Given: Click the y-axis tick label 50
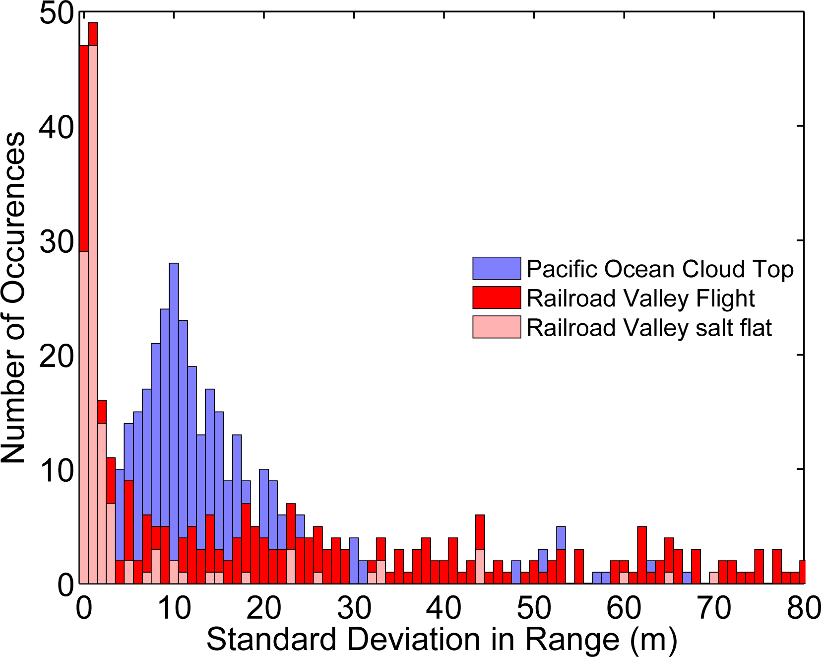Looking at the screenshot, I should click(x=56, y=13).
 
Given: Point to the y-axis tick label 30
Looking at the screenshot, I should click(x=56, y=242).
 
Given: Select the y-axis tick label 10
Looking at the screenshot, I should click(x=56, y=471).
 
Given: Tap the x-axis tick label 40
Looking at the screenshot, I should click(x=443, y=607).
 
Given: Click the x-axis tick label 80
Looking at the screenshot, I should click(x=803, y=607).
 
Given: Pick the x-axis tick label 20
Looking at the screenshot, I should click(x=263, y=607).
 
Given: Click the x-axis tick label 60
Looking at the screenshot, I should click(x=624, y=607).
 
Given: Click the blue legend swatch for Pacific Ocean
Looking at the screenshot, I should click(x=496, y=269).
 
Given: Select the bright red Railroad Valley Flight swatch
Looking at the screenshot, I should click(x=496, y=298).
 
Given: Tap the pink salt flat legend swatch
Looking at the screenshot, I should click(x=496, y=327).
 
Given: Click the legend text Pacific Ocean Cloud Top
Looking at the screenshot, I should click(x=660, y=269).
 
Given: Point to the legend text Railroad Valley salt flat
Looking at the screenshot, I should click(x=649, y=328).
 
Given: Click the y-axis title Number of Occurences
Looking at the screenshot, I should click(x=13, y=298).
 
